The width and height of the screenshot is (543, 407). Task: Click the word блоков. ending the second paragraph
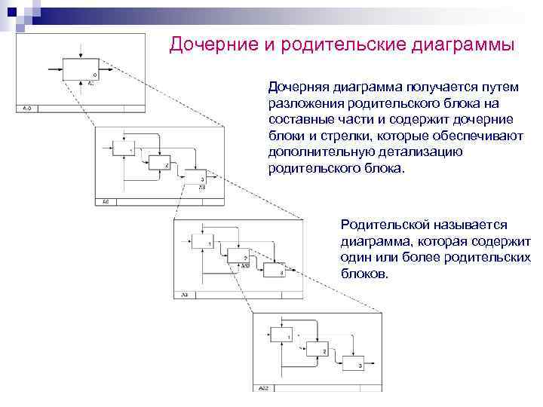point(365,274)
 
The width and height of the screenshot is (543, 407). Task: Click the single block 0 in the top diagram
point(80,69)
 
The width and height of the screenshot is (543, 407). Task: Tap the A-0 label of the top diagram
point(26,109)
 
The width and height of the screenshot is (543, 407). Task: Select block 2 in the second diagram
point(158,163)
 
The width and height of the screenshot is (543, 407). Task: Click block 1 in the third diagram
point(203,242)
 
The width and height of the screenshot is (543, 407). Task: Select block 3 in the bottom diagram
point(352,364)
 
